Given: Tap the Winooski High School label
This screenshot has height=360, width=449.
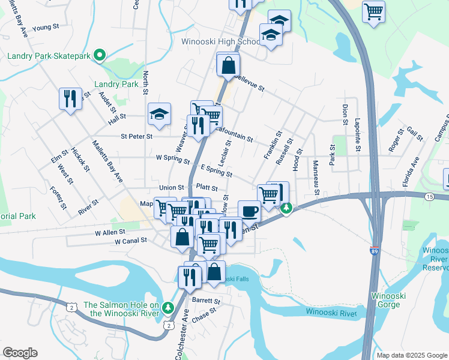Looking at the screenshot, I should pyautogui.click(x=221, y=42).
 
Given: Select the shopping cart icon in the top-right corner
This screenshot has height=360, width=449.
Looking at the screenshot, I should pyautogui.click(x=373, y=11).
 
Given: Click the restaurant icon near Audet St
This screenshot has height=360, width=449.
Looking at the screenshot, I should pyautogui.click(x=70, y=98).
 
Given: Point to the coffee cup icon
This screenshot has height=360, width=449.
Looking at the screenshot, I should pyautogui.click(x=249, y=211).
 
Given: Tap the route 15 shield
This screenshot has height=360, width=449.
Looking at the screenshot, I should pyautogui.click(x=429, y=197).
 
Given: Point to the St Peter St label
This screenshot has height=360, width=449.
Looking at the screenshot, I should pyautogui.click(x=136, y=137).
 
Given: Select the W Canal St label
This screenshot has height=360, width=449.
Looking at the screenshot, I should pyautogui.click(x=131, y=241).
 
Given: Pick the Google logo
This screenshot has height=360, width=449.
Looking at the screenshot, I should pyautogui.click(x=20, y=352).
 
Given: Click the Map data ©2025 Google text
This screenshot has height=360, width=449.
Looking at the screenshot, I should pyautogui.click(x=411, y=355).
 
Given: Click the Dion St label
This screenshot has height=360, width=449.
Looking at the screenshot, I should pyautogui.click(x=345, y=114).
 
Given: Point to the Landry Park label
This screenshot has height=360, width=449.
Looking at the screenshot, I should pyautogui.click(x=116, y=85).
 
